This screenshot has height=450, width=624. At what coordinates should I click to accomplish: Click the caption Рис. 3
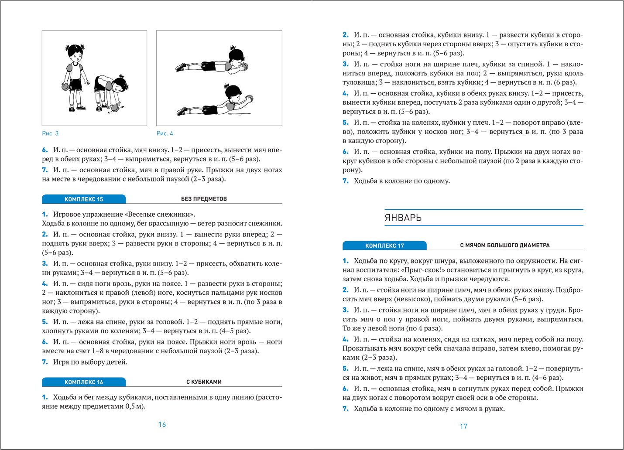(50, 133)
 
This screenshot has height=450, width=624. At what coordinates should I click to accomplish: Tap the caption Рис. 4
(165, 133)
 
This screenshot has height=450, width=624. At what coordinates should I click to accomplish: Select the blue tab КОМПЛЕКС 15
(84, 199)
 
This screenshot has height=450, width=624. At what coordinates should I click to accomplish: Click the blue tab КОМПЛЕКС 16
(84, 382)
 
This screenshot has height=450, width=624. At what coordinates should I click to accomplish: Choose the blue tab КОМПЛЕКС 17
(384, 245)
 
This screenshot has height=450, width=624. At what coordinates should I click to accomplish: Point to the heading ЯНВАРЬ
(403, 218)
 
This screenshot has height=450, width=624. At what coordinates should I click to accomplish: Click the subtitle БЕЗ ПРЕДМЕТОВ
(204, 199)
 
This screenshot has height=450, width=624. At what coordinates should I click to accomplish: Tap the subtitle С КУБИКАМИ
(204, 382)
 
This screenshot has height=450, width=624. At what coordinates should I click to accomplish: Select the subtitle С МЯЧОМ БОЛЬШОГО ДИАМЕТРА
(505, 245)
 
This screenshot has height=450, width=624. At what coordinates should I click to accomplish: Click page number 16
(162, 425)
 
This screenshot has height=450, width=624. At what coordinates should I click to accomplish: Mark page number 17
(463, 426)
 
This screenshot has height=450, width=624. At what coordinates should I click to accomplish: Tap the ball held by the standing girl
(66, 86)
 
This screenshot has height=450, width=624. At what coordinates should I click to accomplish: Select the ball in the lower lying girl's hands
(249, 99)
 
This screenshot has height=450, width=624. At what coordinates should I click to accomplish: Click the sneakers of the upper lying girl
(181, 67)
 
